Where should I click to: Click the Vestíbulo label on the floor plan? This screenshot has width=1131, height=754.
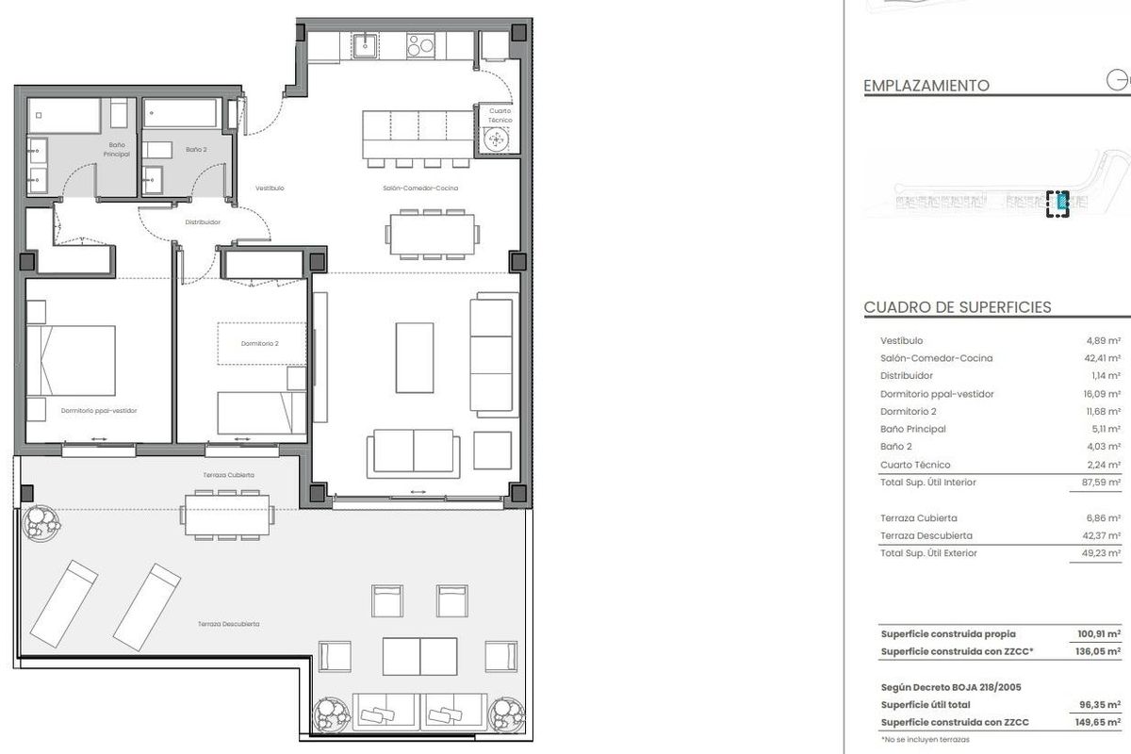[270, 188]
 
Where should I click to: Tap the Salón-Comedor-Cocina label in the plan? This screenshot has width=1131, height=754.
[420, 188]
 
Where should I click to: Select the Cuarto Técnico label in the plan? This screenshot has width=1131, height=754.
[500, 116]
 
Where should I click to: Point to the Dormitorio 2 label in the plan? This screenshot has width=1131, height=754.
[259, 343]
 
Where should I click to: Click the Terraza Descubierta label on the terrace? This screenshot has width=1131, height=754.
[229, 624]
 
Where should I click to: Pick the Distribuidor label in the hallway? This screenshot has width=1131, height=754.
[203, 222]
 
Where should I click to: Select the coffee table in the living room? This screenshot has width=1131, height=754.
[415, 357]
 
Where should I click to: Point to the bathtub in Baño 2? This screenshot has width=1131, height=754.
[182, 115]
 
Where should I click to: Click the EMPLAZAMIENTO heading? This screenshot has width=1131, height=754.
[926, 86]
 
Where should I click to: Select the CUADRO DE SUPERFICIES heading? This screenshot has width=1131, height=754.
[957, 308]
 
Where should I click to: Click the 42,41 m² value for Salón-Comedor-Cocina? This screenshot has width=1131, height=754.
[1102, 358]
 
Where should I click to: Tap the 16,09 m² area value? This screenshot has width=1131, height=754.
[1102, 394]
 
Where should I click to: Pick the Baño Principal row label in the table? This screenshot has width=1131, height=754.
[913, 429]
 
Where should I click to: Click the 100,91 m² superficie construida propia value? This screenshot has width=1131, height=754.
[1098, 634]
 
